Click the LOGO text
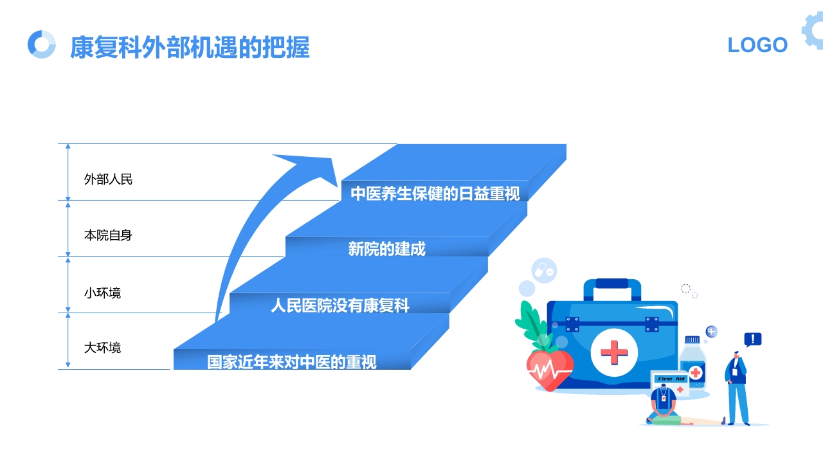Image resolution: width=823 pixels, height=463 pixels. (x=757, y=45)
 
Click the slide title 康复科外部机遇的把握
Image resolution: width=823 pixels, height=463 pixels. (x=190, y=47)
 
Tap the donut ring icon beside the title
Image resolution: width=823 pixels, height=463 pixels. (x=42, y=44)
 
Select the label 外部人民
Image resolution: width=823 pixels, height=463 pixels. (x=108, y=179)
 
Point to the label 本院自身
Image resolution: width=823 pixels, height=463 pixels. (x=108, y=235)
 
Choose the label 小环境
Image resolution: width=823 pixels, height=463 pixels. (x=102, y=293)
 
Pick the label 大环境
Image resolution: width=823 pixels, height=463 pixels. (x=102, y=348)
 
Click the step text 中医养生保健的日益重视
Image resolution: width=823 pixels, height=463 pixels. (x=435, y=194)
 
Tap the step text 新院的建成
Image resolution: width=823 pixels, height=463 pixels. (x=386, y=249)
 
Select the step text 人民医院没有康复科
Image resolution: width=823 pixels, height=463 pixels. (x=339, y=305)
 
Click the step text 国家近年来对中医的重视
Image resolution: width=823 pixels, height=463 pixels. (x=291, y=362)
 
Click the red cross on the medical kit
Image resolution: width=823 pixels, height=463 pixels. (x=614, y=352)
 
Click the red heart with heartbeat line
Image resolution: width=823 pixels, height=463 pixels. (x=549, y=369)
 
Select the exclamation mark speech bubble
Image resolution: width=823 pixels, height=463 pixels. (x=752, y=340)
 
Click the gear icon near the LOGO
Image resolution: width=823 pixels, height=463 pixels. (x=813, y=30)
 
